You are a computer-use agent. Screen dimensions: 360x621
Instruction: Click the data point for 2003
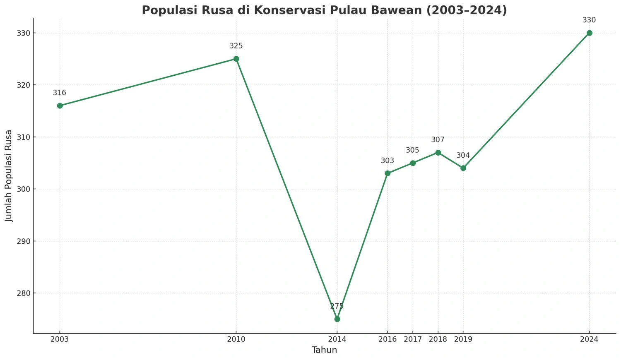pos(60,106)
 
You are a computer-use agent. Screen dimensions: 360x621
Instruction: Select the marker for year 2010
pos(236,59)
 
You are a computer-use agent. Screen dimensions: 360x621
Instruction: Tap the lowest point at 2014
pos(337,319)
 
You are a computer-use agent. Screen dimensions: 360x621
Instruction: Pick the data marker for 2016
pos(388,173)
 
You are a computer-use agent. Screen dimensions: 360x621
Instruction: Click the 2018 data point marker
pos(438,153)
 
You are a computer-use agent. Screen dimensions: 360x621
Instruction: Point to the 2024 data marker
pos(589,33)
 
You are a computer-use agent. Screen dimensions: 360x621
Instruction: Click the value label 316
pos(59,93)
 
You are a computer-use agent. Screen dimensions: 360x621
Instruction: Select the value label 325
pos(236,46)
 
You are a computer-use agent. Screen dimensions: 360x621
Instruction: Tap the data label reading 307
pos(438,140)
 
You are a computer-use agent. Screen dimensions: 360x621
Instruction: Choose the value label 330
pos(589,20)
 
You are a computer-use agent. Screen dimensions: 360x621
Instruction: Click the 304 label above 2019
pos(463,156)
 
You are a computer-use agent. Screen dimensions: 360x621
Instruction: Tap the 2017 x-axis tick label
pos(413,339)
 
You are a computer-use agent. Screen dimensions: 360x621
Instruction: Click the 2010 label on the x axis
pos(236,339)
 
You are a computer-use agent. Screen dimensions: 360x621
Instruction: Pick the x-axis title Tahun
pos(324,350)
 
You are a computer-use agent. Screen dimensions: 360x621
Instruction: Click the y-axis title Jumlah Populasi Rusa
pos(9,176)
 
